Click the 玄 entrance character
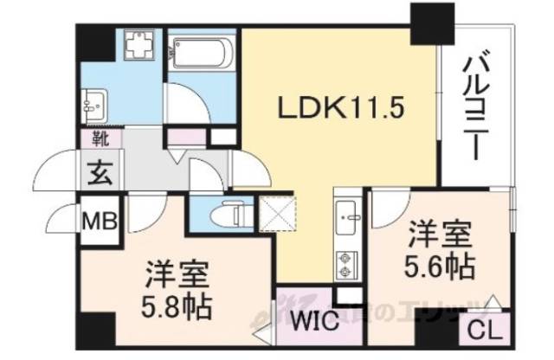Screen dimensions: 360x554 click(x=97, y=169)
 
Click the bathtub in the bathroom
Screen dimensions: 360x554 click(x=199, y=54)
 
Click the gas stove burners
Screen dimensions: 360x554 click(x=347, y=263)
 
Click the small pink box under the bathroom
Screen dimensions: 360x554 click(x=184, y=136)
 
